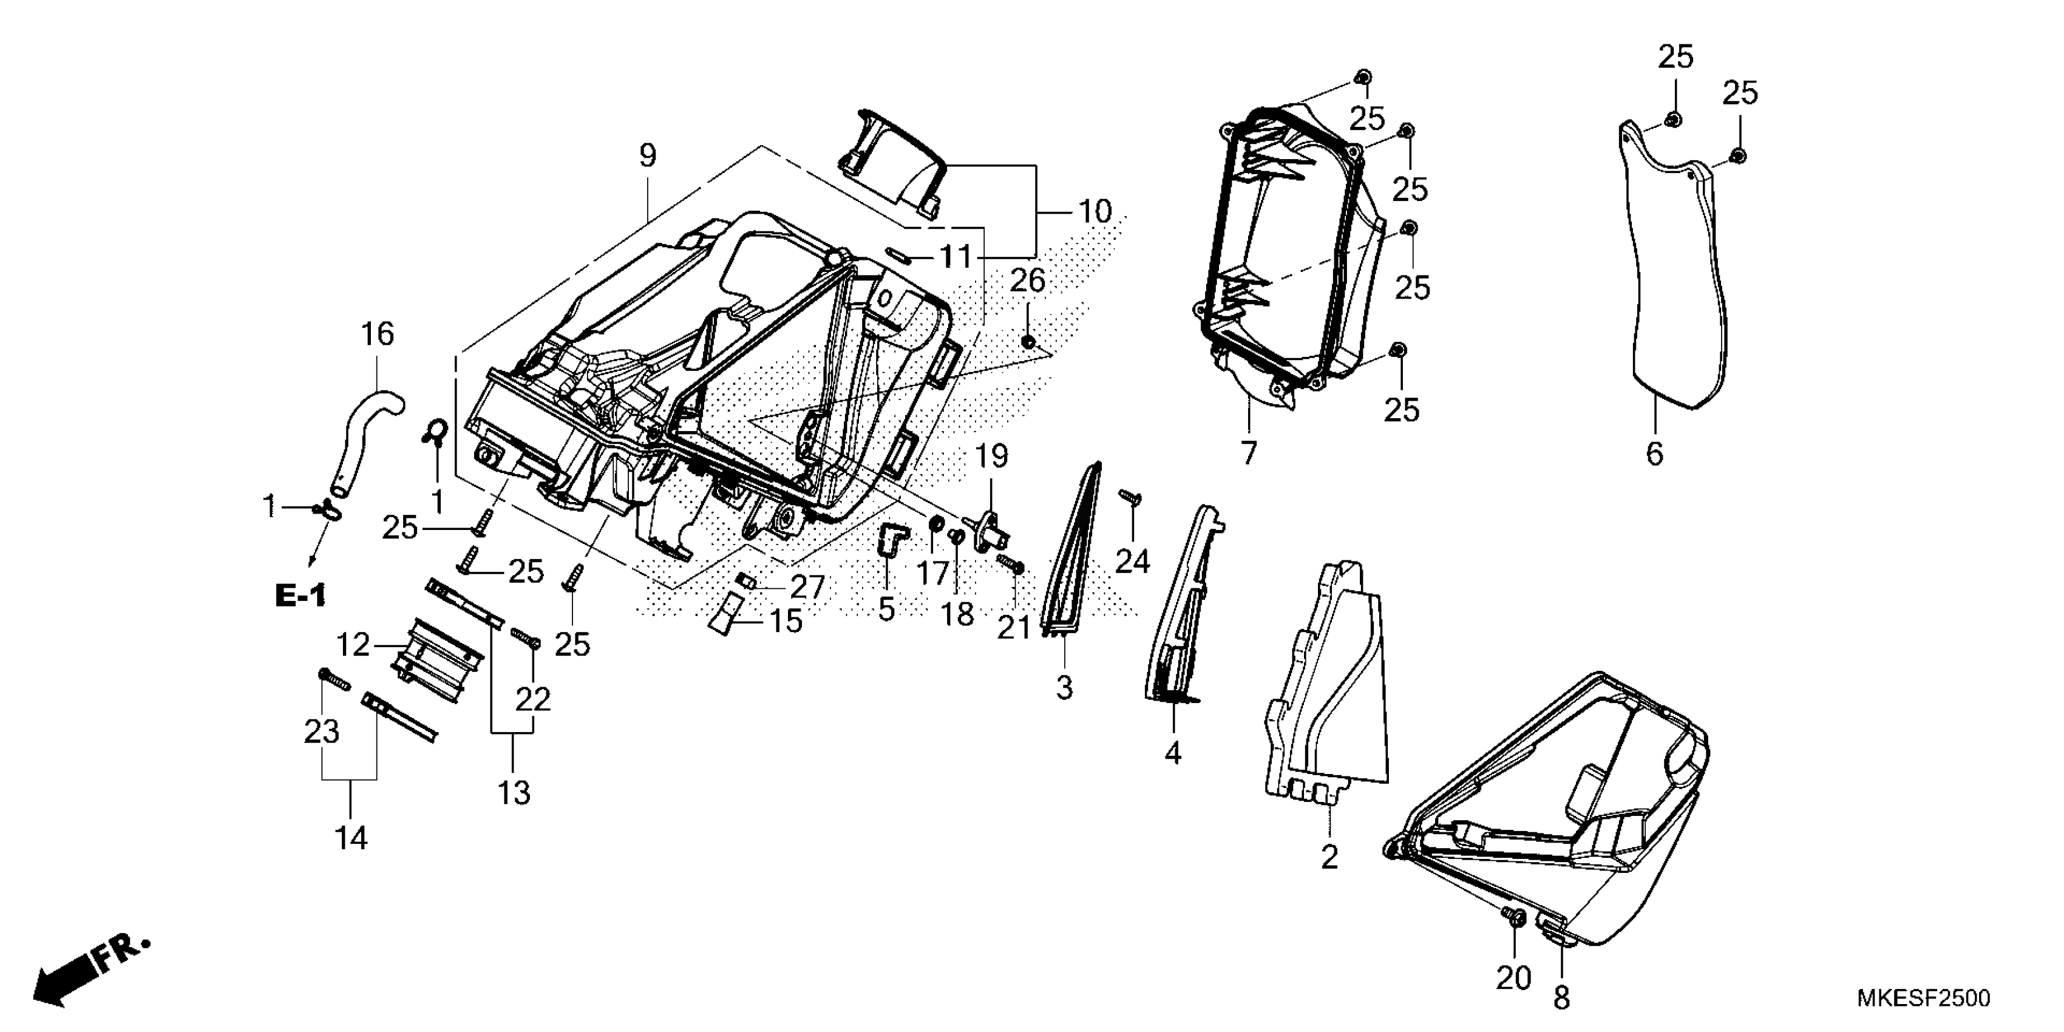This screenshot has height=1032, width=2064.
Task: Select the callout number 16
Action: [378, 333]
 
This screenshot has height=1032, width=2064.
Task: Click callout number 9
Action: [647, 155]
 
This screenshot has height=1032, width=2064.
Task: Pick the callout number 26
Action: [1027, 280]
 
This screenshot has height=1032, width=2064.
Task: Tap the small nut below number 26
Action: [1027, 342]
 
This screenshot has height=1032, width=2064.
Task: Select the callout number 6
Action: [1655, 453]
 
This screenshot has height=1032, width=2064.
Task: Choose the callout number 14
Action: [351, 838]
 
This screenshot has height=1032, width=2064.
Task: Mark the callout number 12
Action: [353, 644]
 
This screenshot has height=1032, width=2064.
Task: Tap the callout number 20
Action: [1513, 977]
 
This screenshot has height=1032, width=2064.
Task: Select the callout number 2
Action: [1329, 857]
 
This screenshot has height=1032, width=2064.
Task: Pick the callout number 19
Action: [991, 457]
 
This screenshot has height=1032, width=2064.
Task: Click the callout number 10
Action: [1095, 211]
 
